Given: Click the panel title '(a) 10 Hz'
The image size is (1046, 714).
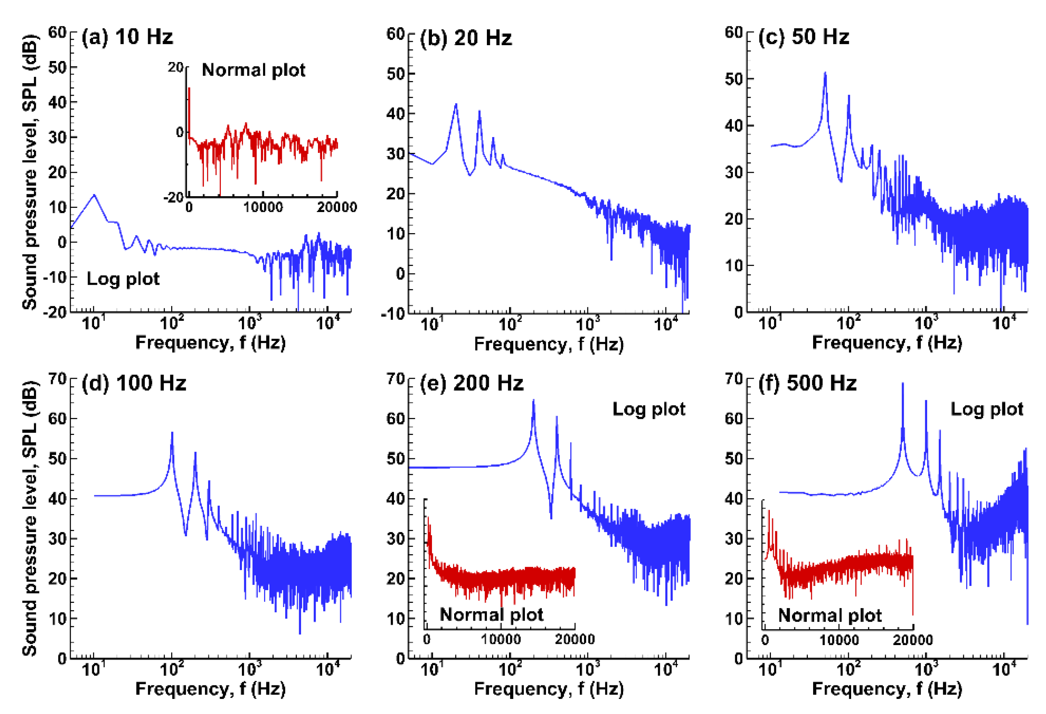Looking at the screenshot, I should [x=127, y=37].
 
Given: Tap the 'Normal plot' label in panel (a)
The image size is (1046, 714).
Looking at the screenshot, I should [x=253, y=70].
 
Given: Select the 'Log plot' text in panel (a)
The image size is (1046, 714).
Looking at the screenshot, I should [x=123, y=279].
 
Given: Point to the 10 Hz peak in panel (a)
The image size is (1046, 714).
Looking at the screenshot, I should [x=94, y=195].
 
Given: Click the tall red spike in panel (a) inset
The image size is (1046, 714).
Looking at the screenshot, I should [x=189, y=90].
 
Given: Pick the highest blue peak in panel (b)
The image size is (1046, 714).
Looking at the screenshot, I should [x=456, y=105].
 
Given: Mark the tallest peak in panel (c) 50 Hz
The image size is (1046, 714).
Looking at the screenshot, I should [x=825, y=73].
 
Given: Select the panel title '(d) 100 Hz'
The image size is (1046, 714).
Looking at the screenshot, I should [x=134, y=383].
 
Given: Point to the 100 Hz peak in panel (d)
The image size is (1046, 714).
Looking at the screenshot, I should [x=172, y=433].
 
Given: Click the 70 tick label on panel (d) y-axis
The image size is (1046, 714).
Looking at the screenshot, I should [x=58, y=378].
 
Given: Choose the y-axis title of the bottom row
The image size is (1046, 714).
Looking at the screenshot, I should [x=30, y=518].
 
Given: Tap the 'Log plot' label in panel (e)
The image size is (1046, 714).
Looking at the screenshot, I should [x=649, y=409].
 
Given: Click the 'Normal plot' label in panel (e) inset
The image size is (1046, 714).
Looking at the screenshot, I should [x=491, y=615].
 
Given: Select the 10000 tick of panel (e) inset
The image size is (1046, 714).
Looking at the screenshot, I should [x=500, y=639].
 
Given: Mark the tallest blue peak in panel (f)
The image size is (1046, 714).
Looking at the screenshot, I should [x=902, y=384].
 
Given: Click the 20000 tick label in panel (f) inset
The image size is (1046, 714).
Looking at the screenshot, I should [x=913, y=640].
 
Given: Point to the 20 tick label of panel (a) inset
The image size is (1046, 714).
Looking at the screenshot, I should [x=176, y=67].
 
